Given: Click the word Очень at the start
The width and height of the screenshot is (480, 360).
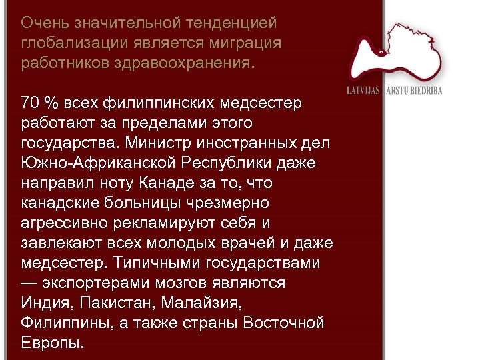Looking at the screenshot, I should click(44, 23).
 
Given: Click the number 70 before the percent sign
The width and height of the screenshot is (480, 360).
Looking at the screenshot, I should click(31, 103).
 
